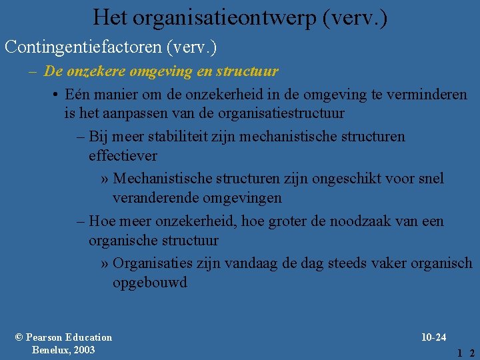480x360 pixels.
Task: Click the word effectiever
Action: click(123, 155)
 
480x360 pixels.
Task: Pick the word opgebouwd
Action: click(150, 282)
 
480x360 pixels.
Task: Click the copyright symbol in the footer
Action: click(19, 337)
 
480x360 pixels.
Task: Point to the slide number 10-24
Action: click(433, 337)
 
